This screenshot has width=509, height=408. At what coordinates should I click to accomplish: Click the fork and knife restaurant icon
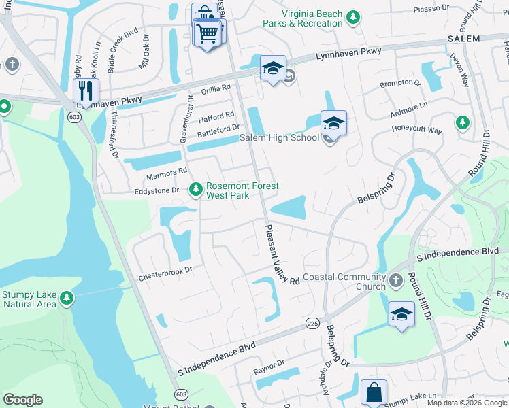pos(86,90)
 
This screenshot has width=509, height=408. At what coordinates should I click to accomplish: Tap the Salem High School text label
pos(279,138)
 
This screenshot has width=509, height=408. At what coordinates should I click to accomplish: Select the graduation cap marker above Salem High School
pos(333,123)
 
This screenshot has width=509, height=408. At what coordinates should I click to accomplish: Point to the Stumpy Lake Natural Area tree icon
pos(66,298)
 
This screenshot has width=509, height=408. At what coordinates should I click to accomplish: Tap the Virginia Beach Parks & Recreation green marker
pos(352,16)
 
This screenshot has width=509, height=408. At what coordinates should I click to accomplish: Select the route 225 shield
pos(312,322)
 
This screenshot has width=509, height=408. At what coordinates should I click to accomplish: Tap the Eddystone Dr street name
pos(156,192)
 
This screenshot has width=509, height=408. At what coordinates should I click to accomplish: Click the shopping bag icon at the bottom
pos(374,392)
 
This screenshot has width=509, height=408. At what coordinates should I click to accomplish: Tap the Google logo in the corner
pos(22,400)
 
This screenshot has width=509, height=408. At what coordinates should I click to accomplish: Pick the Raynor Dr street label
pos(268,371)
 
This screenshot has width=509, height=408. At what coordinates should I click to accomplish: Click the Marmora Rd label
pos(166,175)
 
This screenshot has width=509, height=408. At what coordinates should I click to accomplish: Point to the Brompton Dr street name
pos(397,83)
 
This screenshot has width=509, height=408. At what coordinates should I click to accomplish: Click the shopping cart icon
pos(208,31)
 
